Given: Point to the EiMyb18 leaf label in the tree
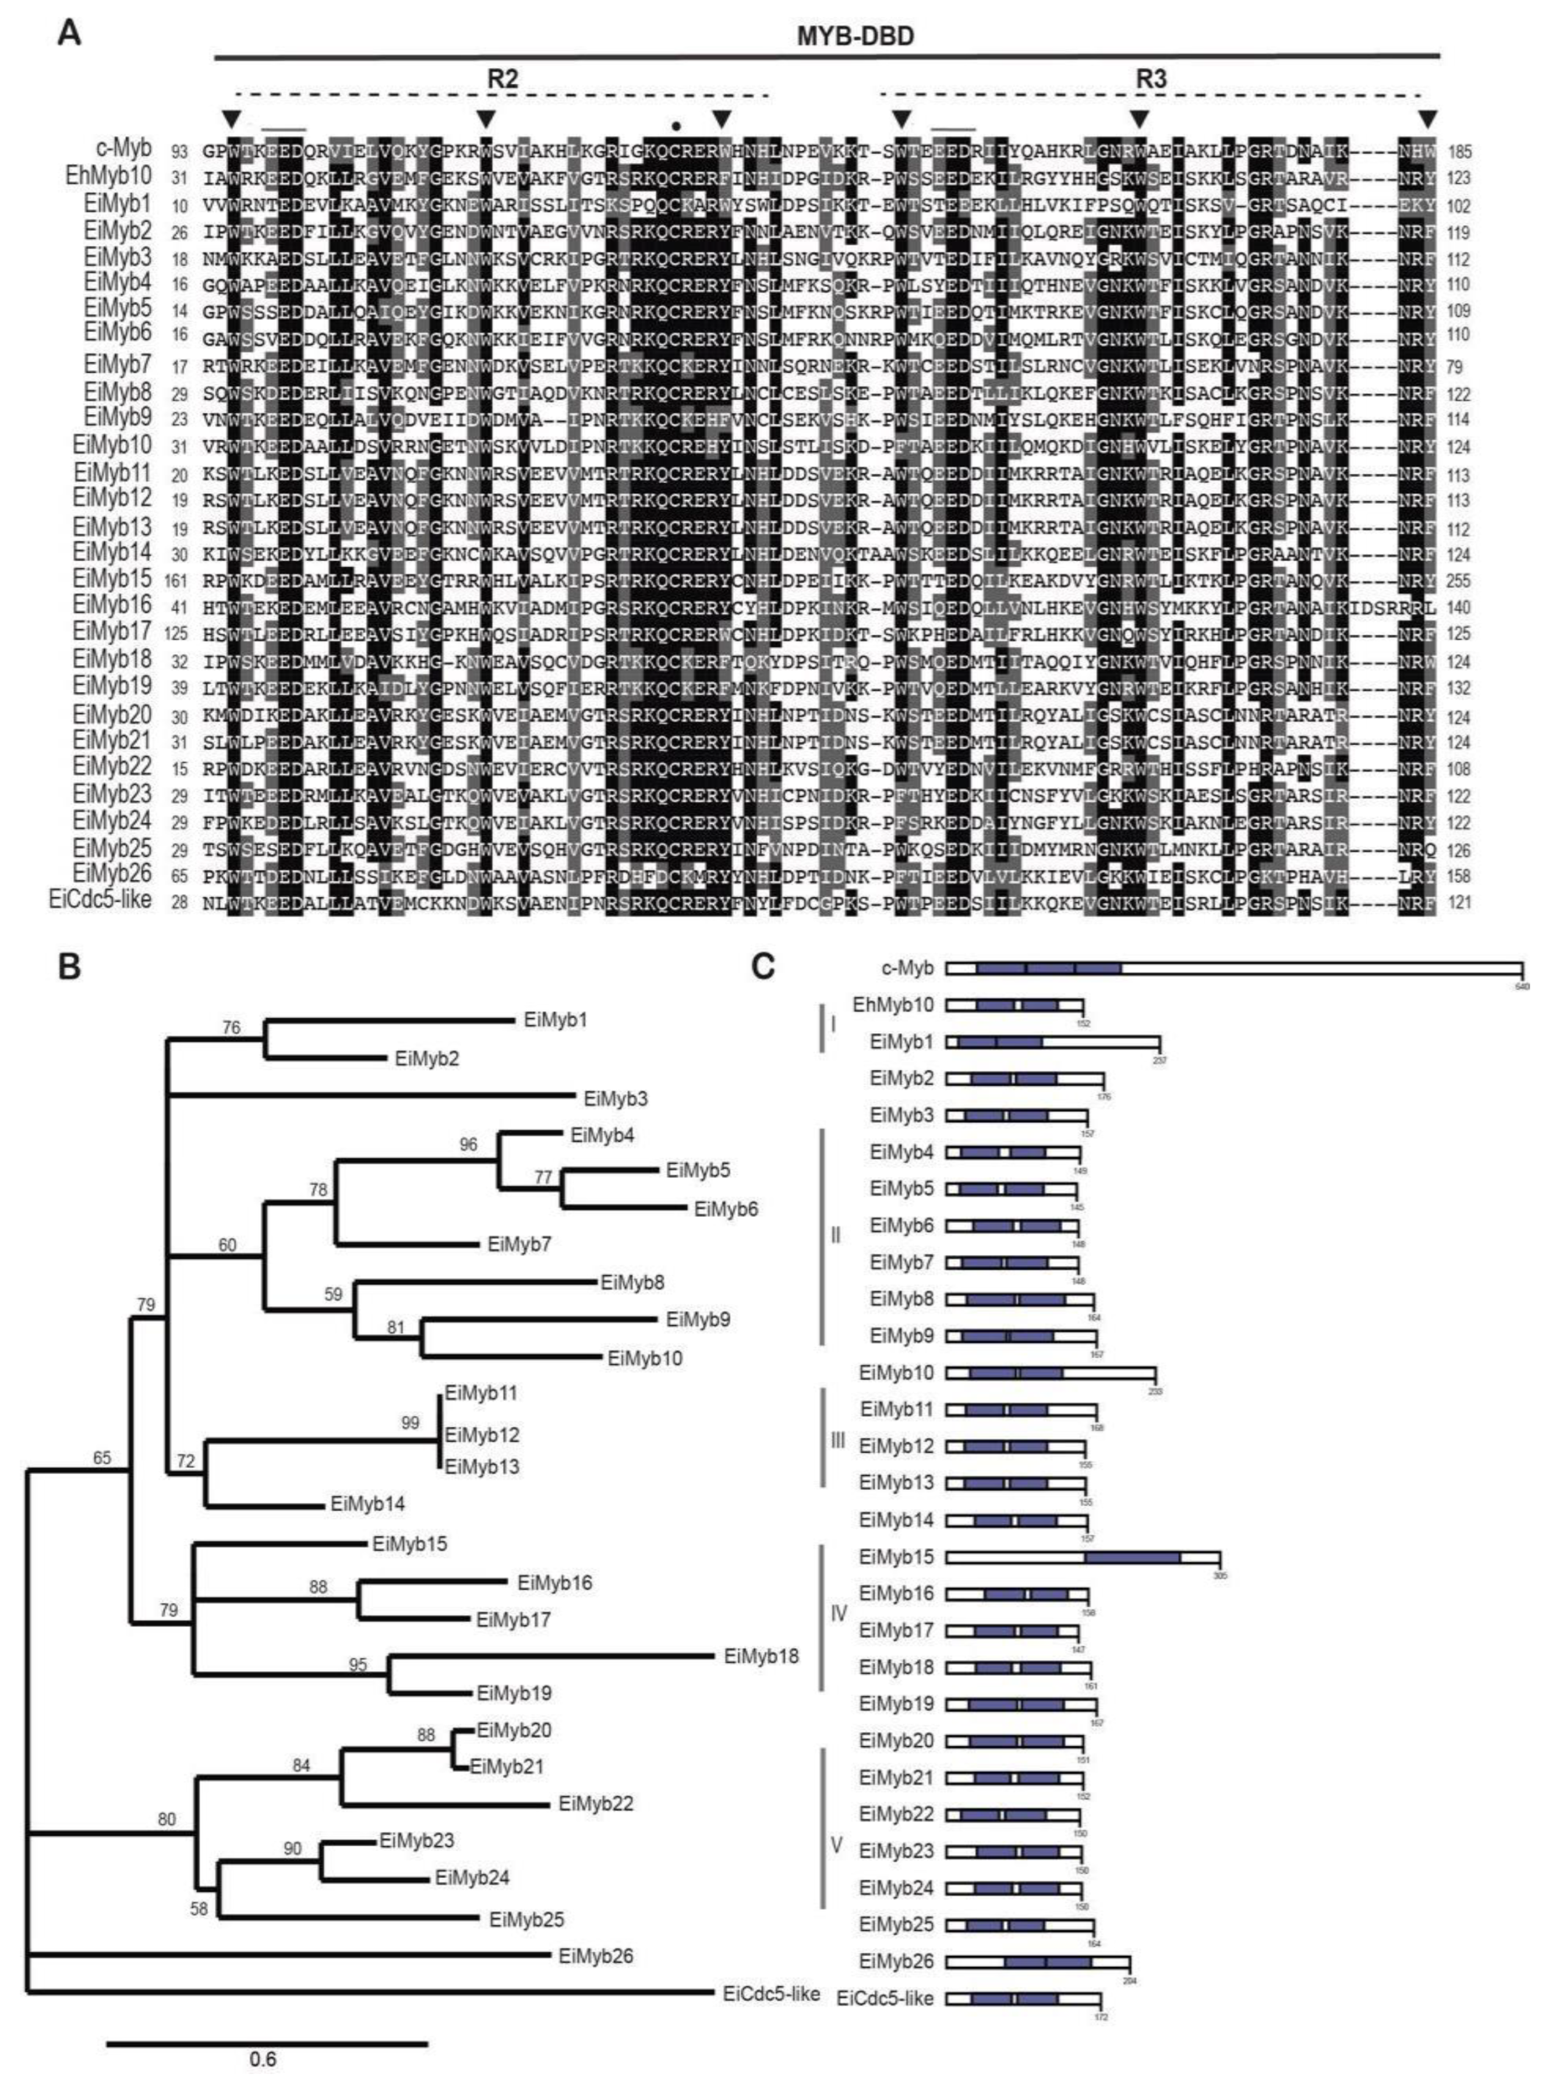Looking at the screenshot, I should [761, 1656].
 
